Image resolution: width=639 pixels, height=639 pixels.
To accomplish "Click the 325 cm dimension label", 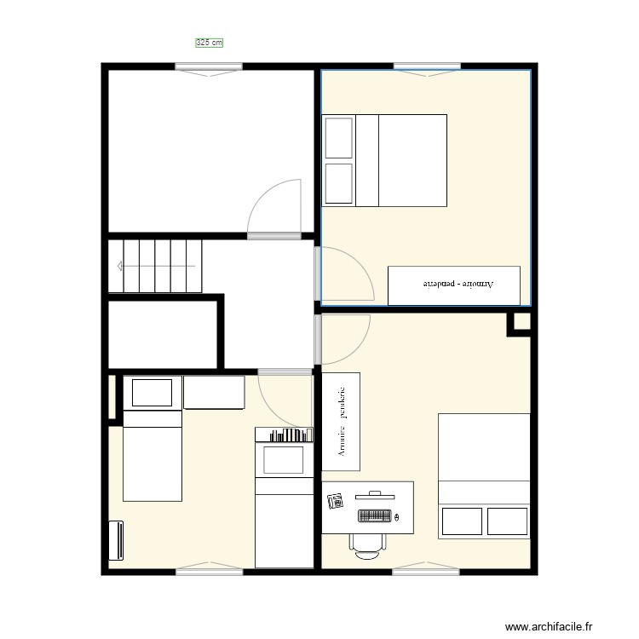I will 209,41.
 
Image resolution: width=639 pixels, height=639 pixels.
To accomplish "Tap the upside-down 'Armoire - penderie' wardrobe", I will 453,285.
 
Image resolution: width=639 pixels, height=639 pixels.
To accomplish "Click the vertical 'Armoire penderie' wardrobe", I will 341,421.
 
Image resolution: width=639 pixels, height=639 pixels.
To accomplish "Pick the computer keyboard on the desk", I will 374,515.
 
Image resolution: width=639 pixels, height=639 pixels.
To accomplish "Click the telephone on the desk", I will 335,501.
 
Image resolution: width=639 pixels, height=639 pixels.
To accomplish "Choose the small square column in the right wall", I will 520,323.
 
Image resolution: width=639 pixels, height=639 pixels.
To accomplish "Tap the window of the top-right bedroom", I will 427,66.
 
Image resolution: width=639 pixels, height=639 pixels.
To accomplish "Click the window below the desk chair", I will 427,571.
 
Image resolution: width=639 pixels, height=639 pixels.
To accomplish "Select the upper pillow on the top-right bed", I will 339,138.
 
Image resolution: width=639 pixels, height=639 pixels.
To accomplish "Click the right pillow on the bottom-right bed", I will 507,521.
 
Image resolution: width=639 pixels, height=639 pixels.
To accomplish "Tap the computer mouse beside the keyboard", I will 398,516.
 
